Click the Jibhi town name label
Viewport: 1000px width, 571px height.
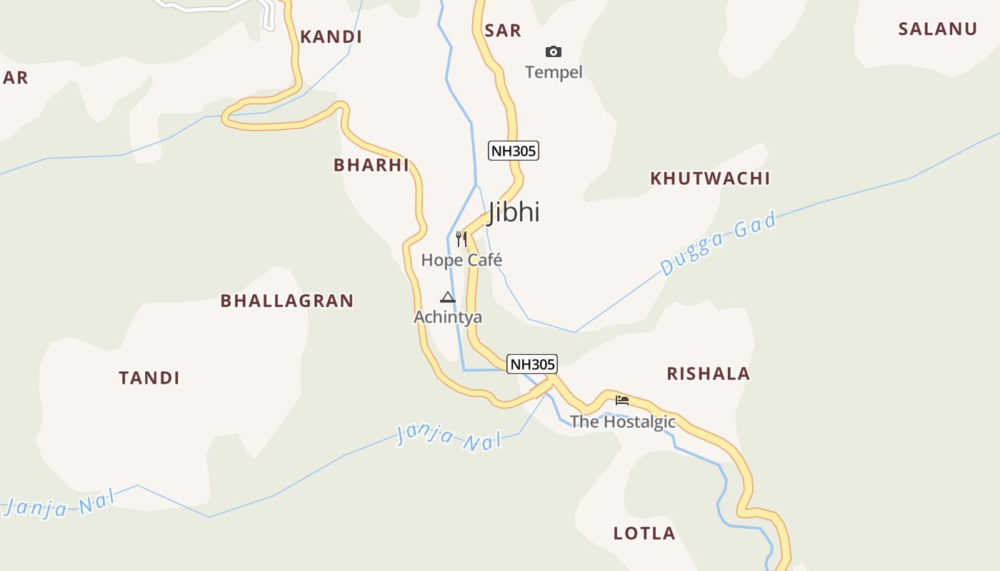pos(514,212)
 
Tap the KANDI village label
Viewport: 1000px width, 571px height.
pos(331,37)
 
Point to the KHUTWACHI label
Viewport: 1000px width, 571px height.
pos(710,178)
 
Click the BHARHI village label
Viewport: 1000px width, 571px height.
pos(371,166)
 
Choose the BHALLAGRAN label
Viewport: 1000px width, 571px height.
pos(287,301)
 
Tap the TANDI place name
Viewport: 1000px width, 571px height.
pos(149,378)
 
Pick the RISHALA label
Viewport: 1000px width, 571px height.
pos(708,374)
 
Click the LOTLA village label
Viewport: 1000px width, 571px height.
pos(644,533)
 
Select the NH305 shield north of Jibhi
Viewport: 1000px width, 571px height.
pos(513,151)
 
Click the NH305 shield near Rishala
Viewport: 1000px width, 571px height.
pos(531,364)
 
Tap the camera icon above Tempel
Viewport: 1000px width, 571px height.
pos(554,51)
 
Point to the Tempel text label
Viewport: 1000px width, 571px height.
pos(554,72)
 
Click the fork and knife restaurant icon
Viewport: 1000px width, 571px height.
pos(461,239)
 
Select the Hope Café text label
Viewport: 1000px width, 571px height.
pos(461,261)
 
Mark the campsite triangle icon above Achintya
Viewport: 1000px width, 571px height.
pos(448,297)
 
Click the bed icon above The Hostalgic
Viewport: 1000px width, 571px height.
pos(622,400)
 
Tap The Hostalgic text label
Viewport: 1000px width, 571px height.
pos(622,422)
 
